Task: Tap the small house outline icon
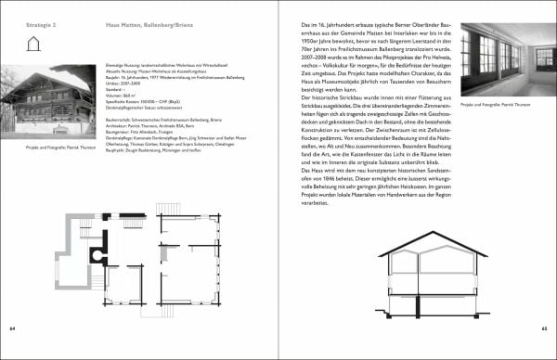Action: point(34,43)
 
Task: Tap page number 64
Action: point(13,328)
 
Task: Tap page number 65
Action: point(543,328)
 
